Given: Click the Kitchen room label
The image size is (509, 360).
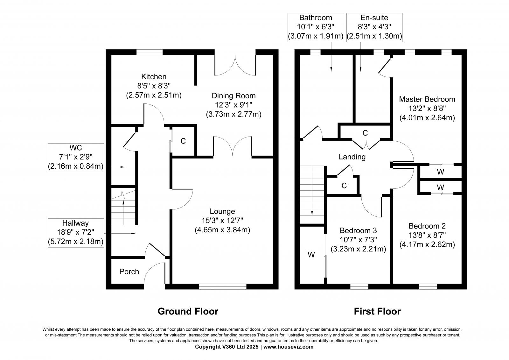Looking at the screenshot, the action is (154, 77).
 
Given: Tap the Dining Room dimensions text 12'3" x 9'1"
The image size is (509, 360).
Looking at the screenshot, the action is (234, 105).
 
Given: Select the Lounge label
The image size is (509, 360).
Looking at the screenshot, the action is (222, 211).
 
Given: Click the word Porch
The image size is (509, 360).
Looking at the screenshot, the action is (129, 272).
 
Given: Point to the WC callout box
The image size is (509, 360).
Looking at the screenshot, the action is (76, 157).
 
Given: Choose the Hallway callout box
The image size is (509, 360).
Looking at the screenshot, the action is (76, 232).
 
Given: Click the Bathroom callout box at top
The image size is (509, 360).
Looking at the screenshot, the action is (316, 27).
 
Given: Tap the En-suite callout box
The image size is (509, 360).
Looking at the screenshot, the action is (374, 27).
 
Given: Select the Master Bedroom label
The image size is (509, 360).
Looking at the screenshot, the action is (427, 99).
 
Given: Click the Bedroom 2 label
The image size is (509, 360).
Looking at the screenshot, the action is (427, 226).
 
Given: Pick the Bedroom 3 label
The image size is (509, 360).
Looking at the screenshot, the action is (358, 230).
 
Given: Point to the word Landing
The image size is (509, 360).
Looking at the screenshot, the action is (352, 157).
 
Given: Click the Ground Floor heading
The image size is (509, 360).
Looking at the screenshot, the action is (188, 311).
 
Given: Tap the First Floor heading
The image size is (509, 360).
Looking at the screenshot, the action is (377, 311).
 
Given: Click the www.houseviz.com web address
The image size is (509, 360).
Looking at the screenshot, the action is (288, 347).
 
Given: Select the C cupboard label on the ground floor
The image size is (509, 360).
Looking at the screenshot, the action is (183, 141).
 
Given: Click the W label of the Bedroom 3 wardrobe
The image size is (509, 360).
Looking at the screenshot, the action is (311, 255).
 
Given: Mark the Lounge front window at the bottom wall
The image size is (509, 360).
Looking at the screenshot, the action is (222, 287).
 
